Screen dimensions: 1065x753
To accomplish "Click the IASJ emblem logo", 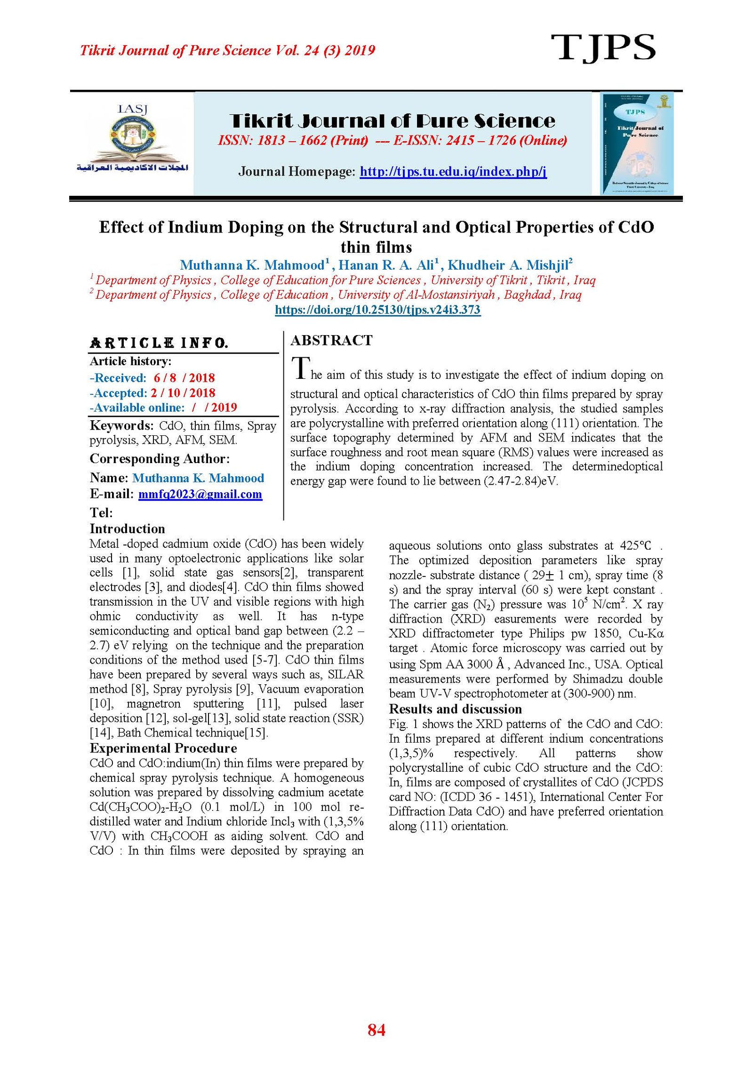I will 132,139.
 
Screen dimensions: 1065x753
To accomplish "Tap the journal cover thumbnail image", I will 636,144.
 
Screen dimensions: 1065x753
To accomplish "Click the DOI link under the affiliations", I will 377,310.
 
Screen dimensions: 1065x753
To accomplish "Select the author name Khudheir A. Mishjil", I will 509,265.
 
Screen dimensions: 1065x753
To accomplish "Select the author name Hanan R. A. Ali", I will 388,265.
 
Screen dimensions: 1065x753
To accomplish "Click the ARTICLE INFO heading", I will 159,343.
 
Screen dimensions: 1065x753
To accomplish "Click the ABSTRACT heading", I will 331,340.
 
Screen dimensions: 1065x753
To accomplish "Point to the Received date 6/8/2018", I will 184,378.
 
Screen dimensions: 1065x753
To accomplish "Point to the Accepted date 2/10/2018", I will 183,393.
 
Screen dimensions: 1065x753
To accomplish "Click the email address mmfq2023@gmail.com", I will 200,494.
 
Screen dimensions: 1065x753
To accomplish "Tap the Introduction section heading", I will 127,528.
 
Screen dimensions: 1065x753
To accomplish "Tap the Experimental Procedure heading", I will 163,748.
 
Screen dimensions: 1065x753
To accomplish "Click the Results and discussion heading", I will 455,709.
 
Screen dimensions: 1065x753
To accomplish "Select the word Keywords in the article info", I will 121,425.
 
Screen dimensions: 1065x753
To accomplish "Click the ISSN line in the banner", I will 392,140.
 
